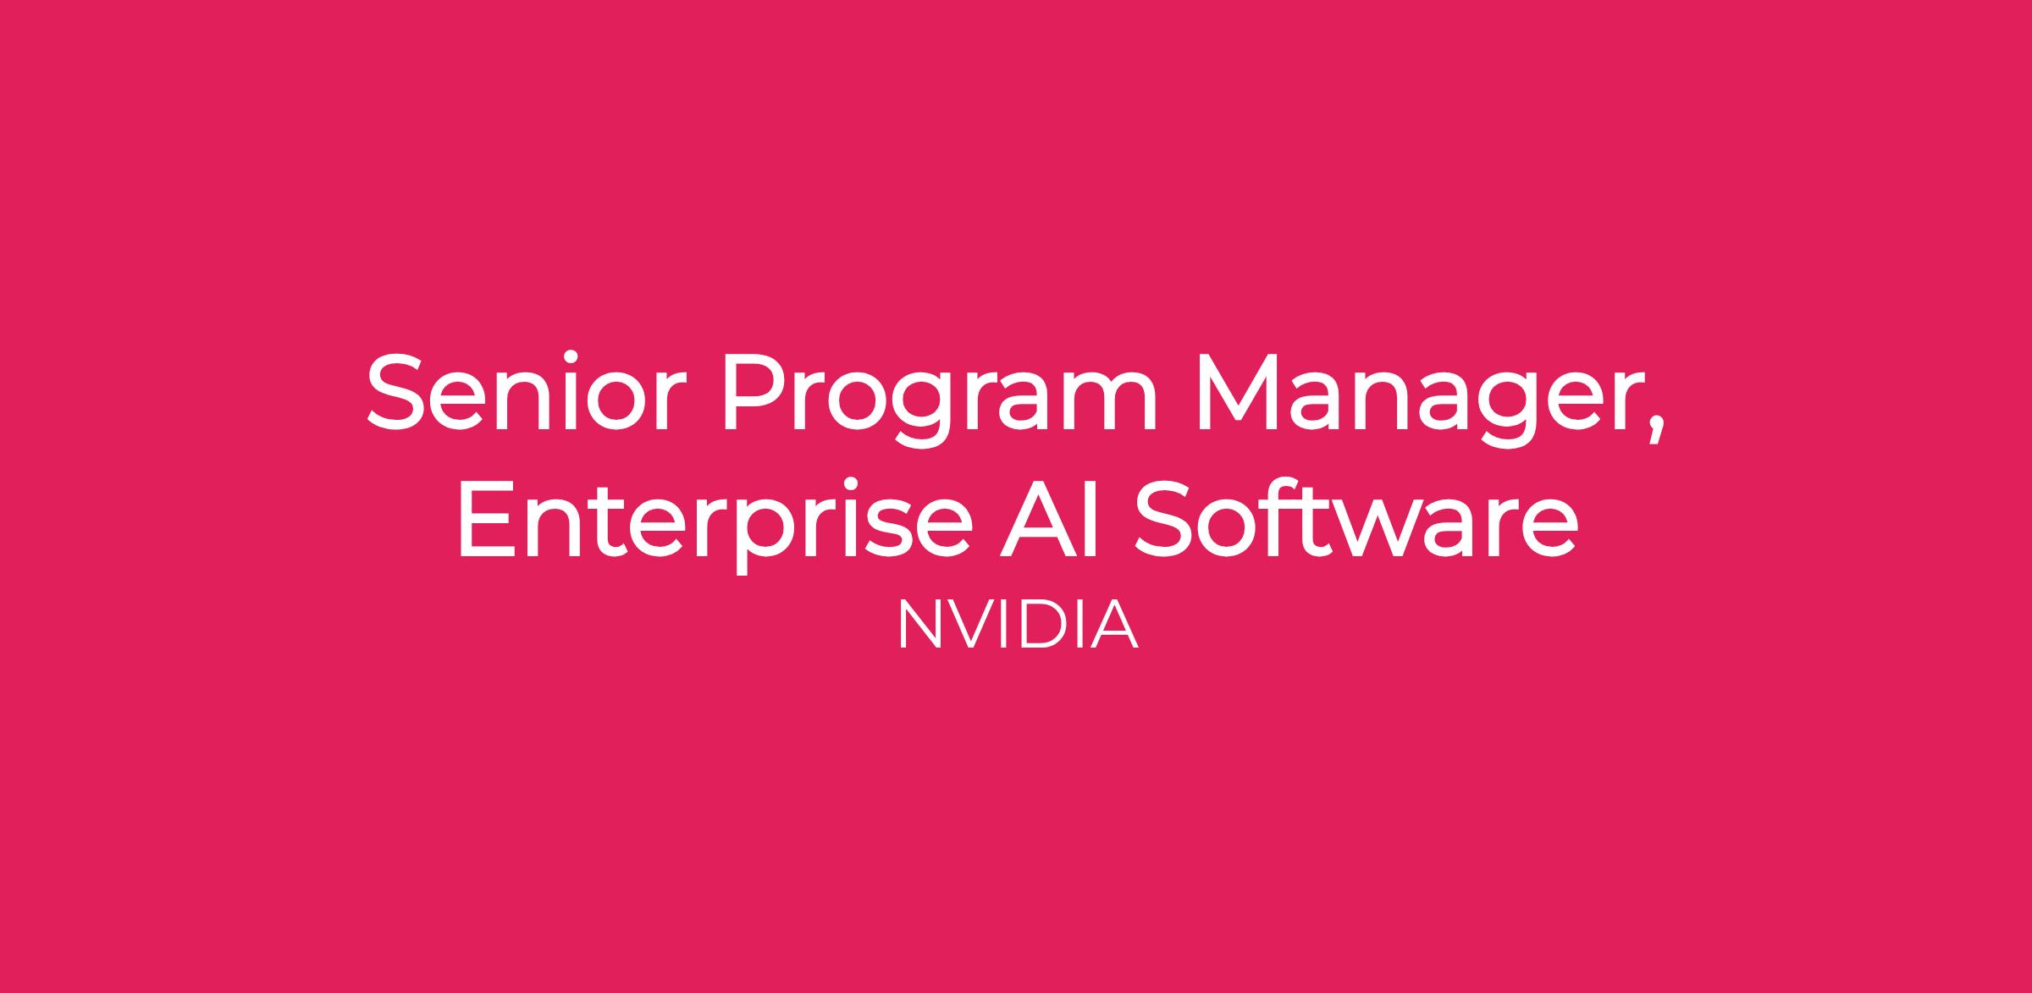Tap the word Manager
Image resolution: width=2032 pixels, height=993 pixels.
coord(1417,399)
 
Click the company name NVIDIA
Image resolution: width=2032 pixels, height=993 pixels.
coord(1017,624)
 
